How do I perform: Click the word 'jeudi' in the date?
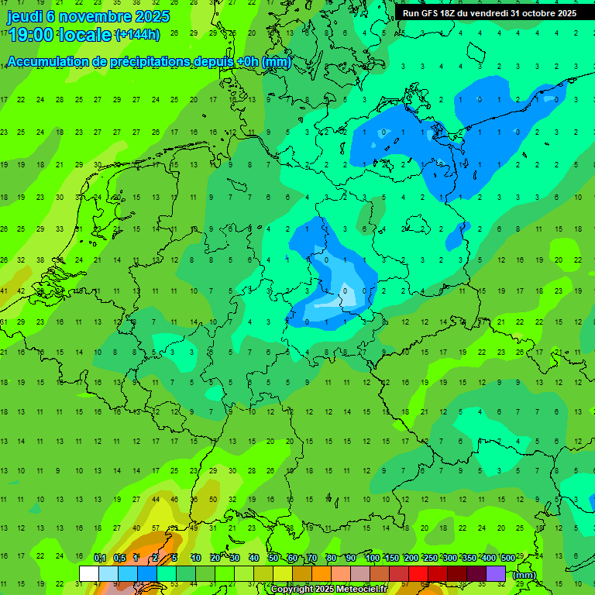point(25,15)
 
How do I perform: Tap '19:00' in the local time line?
point(30,34)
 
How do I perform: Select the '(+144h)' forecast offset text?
point(137,34)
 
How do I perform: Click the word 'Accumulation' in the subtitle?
point(51,62)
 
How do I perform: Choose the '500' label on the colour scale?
point(507,559)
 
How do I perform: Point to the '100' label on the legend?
point(373,559)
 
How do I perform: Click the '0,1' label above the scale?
point(100,559)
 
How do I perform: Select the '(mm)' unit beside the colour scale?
point(524,575)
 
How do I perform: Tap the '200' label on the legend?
point(411,559)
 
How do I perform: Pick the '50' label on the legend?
point(273,559)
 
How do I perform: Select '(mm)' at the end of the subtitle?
point(276,62)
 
